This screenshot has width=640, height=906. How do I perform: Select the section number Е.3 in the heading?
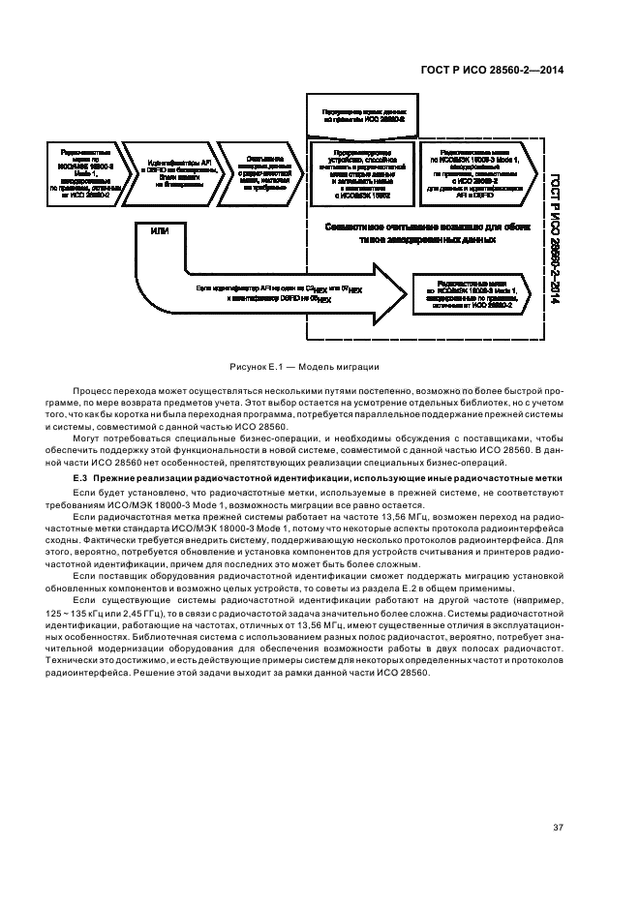[x=80, y=480]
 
